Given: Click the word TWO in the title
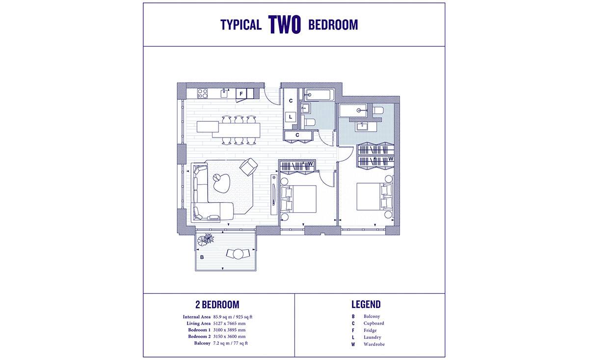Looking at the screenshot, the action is (284, 25).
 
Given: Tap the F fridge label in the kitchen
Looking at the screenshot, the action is (241, 94).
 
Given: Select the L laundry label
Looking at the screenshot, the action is (291, 116).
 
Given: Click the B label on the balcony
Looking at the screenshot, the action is (202, 257).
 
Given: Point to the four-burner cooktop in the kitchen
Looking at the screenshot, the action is (202, 93).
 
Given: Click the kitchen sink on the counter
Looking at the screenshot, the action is (224, 93).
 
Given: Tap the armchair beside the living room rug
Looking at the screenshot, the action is (248, 166).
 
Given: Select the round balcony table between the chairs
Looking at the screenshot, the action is (238, 254).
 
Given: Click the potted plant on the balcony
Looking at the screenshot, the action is (206, 240).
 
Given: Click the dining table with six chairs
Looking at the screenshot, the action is (236, 131).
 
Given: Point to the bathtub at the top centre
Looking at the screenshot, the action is (319, 95).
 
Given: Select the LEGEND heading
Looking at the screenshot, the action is (366, 305).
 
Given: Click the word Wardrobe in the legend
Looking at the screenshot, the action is (374, 344).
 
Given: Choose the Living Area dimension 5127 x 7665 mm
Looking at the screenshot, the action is (229, 324).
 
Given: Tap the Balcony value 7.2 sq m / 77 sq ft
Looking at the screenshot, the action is (230, 343).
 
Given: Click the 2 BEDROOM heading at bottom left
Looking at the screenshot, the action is (217, 305).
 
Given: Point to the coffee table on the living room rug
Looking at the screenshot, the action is (221, 182).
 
